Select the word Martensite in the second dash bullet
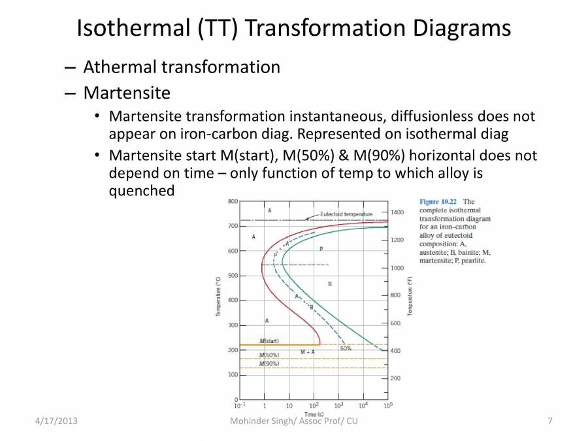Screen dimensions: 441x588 tap(127, 92)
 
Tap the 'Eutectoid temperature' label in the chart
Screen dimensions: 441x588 tap(346, 214)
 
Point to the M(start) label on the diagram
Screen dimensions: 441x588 tap(269, 341)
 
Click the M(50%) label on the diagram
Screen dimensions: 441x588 tap(269, 355)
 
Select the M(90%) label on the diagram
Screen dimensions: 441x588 tap(269, 363)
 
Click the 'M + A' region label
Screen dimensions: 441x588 tap(308, 352)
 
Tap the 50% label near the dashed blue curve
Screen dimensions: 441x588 tap(346, 348)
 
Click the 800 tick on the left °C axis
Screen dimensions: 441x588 tap(233, 201)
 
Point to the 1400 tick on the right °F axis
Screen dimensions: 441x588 tap(397, 212)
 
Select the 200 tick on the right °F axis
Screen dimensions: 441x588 tap(395, 378)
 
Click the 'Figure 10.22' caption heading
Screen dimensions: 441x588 tap(438, 202)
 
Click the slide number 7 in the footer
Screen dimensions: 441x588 tap(550, 421)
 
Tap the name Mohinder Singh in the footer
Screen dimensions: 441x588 tap(262, 421)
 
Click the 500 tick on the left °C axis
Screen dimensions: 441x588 tap(233, 276)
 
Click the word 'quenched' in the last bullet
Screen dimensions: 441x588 tap(142, 191)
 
